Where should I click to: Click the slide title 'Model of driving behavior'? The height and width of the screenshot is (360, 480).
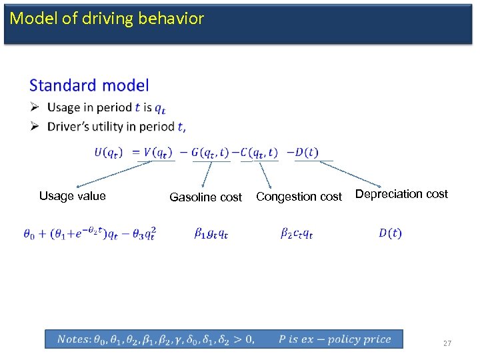[x=107, y=19]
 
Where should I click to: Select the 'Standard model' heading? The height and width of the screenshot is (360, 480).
[x=89, y=85]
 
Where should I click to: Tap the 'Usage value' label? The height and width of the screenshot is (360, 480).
[x=72, y=196]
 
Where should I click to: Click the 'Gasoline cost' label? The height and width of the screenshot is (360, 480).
[x=205, y=197]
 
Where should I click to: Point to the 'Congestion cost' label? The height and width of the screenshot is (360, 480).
[x=299, y=197]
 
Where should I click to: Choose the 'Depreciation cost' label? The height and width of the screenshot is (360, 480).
[x=401, y=194]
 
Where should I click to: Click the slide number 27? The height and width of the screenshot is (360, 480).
[x=447, y=343]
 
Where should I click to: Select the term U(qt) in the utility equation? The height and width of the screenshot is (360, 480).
[x=108, y=152]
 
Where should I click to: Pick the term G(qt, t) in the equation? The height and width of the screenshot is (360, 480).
[x=211, y=152]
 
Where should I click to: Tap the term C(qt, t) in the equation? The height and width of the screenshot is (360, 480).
[x=259, y=152]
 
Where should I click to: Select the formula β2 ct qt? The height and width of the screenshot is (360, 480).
[x=297, y=233]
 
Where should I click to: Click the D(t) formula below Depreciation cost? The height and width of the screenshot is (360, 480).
[x=390, y=233]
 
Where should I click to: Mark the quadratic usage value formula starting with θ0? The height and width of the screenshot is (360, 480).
[x=89, y=233]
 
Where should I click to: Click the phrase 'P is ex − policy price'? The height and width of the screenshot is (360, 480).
[x=335, y=339]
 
